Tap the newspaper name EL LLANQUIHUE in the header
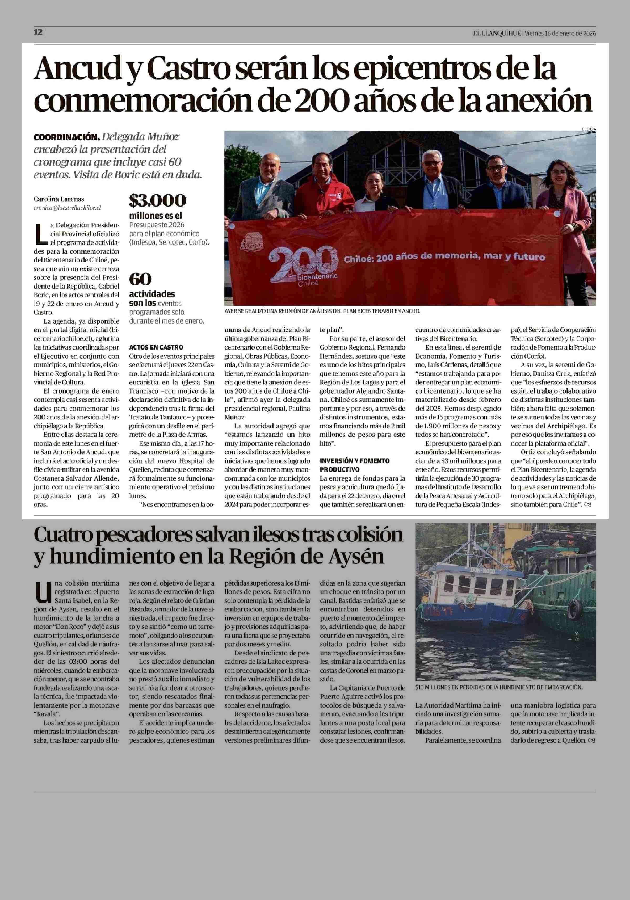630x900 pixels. click(497, 34)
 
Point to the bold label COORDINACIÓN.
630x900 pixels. click(66, 137)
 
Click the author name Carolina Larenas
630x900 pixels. click(59, 199)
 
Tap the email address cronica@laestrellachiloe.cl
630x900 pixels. click(67, 208)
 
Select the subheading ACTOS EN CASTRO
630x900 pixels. click(156, 347)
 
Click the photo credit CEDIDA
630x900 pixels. click(589, 129)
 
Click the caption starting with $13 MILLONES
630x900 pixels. click(499, 687)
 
